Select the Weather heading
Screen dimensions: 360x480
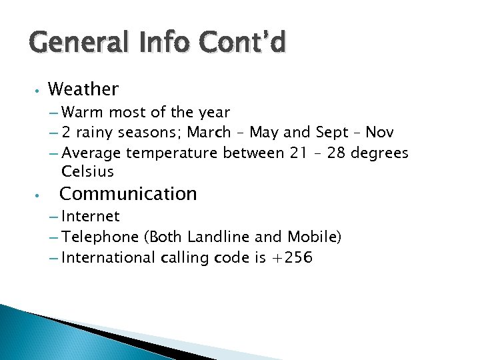tap(83, 89)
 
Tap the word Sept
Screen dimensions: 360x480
tap(331, 132)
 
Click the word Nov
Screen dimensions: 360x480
tap(379, 132)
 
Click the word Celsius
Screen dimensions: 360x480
tap(87, 171)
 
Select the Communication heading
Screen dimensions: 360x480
tap(128, 194)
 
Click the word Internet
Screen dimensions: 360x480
tap(90, 216)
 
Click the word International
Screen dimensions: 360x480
tap(108, 257)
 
